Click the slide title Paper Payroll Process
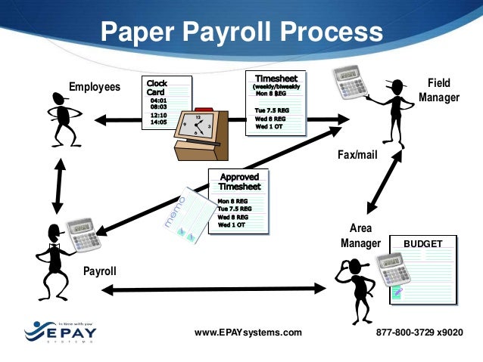tap(241, 32)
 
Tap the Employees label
tap(95, 87)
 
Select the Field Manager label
tap(439, 89)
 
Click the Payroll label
tap(99, 269)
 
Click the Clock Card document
tap(166, 102)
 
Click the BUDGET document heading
tap(422, 244)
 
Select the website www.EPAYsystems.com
tap(248, 333)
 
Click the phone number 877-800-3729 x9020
tap(419, 333)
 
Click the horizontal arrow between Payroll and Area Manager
tap(213, 288)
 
